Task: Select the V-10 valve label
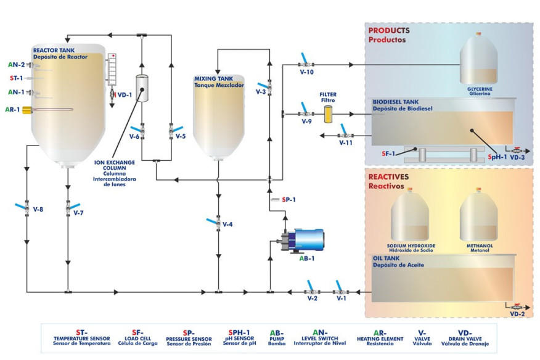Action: (307, 72)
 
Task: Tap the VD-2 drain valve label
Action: (517, 314)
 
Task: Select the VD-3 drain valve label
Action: (517, 157)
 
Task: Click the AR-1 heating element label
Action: (13, 110)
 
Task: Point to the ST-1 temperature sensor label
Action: (15, 78)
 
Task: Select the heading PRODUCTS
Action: (388, 30)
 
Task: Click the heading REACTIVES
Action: (388, 176)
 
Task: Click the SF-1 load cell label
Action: (388, 153)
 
